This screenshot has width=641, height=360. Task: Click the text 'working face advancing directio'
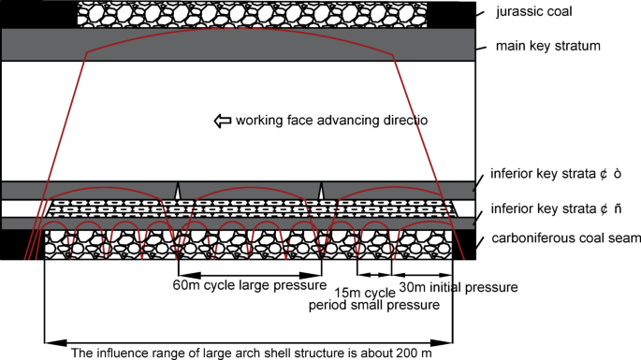click(x=330, y=121)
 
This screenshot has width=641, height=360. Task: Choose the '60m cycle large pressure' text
click(x=248, y=285)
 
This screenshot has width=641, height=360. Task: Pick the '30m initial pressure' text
click(x=458, y=287)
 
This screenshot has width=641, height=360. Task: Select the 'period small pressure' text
click(x=374, y=305)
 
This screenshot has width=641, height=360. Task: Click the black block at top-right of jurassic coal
click(x=450, y=13)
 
